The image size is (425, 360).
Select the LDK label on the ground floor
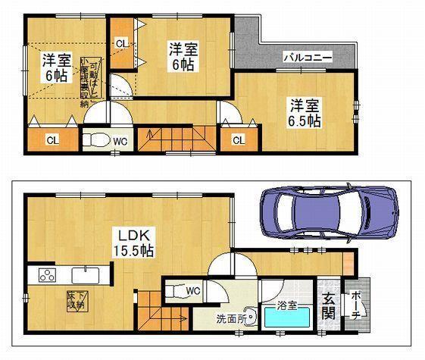(129, 234)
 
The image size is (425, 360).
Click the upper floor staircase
(178, 139)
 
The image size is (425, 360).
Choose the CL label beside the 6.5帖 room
(238, 139)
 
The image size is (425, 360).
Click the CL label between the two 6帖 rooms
(121, 45)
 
